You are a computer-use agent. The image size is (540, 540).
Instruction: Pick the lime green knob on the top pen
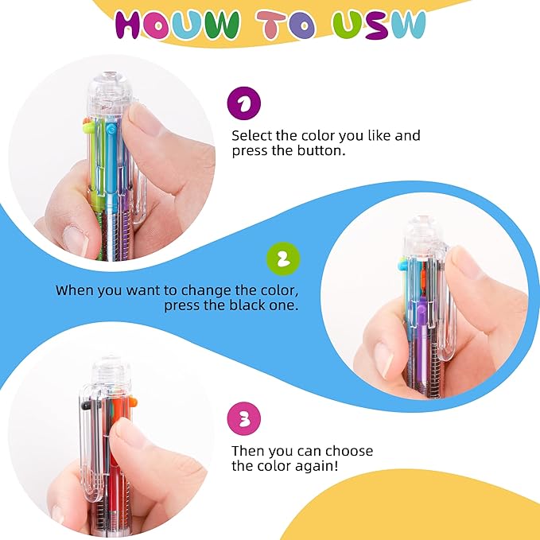pyautogui.click(x=87, y=125)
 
